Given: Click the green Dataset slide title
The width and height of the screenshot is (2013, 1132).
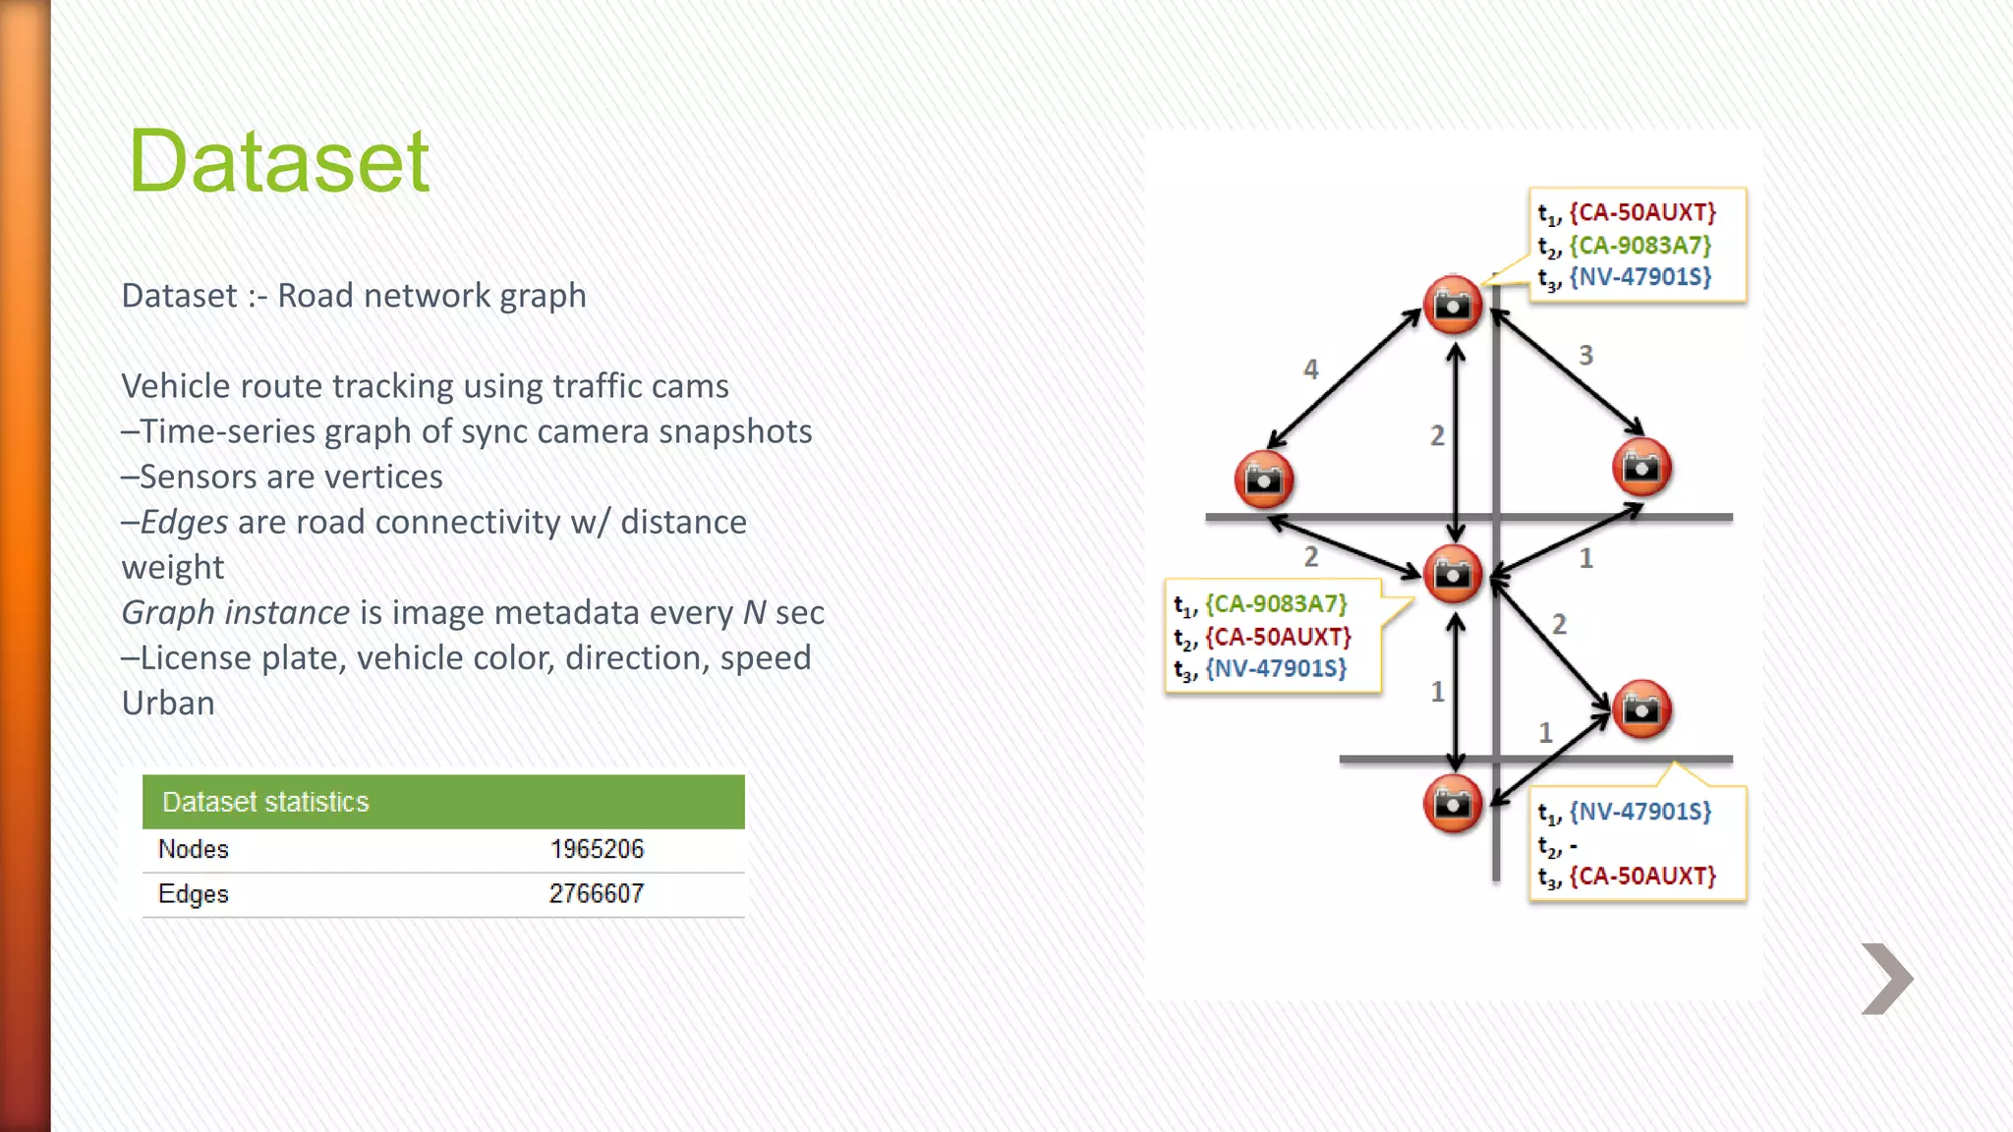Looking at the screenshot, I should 279,161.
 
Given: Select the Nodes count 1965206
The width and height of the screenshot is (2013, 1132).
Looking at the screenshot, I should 597,849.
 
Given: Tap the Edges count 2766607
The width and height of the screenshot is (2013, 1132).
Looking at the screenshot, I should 596,894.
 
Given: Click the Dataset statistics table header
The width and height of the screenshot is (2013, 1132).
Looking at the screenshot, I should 265,802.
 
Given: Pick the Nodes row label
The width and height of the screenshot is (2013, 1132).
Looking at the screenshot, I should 194,849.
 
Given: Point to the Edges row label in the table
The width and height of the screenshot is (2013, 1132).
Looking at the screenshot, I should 194,894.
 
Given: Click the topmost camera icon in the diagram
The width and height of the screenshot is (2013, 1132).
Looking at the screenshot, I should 1453,306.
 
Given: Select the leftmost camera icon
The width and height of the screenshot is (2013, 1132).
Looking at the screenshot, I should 1263,480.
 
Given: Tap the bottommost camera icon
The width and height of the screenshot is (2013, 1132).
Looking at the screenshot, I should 1453,804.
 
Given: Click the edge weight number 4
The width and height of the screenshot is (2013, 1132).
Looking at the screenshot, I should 1311,369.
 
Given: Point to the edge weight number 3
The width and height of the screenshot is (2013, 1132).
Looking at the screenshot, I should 1585,356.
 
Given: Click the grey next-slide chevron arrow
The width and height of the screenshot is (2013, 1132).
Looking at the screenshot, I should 1886,979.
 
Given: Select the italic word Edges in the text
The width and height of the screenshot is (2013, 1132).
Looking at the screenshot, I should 185,522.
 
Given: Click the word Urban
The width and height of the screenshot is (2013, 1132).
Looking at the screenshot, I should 168,704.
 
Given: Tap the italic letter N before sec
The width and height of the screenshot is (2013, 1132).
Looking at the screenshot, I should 754,613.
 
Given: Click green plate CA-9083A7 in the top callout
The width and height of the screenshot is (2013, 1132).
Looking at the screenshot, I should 1640,245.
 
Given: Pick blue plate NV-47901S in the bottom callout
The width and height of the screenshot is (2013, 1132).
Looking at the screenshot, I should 1640,812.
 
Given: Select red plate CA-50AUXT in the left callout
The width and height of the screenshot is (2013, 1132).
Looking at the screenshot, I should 1278,637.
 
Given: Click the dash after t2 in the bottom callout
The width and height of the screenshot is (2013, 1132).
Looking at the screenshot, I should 1574,845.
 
